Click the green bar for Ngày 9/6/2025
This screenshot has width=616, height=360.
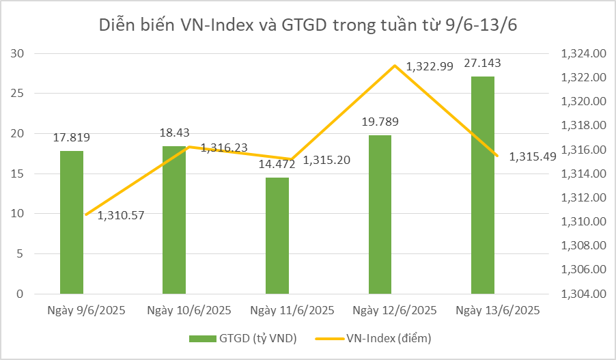[72, 222]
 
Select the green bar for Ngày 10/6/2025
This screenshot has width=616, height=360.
[174, 220]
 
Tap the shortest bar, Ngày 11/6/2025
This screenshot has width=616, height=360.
[277, 236]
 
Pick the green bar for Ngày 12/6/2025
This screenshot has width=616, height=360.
[380, 214]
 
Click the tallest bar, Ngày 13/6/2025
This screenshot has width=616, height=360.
[483, 185]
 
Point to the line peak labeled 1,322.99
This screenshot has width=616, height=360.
[395, 66]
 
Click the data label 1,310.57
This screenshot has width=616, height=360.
[121, 216]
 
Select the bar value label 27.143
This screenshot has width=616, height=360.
[483, 64]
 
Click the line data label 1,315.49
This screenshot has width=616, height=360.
[533, 156]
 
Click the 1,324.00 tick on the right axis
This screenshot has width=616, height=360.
[583, 54]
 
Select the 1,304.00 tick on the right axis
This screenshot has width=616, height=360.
[583, 294]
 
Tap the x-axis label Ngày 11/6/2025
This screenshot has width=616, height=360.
[292, 310]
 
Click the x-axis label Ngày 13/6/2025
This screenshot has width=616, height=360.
[498, 310]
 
